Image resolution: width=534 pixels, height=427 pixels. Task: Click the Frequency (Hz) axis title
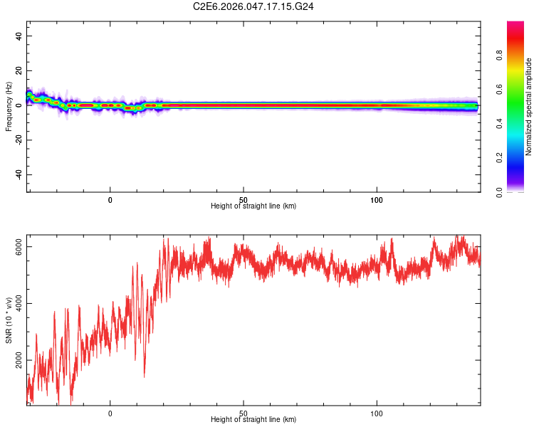point(9,106)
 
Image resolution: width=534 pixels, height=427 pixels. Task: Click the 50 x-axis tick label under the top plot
point(244,200)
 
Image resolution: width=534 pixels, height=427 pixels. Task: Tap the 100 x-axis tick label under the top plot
point(377,200)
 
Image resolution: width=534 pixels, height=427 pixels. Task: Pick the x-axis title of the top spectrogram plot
point(253,206)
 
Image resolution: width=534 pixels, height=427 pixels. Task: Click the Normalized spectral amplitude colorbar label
point(529,107)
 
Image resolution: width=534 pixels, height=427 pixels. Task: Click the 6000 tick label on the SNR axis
point(19,247)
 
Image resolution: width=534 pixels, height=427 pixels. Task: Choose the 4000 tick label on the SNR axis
point(19,304)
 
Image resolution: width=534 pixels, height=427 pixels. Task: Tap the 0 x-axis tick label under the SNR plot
point(110,413)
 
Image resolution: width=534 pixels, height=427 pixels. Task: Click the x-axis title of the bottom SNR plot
point(253,420)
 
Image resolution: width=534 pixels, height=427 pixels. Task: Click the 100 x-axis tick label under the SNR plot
point(377,413)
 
